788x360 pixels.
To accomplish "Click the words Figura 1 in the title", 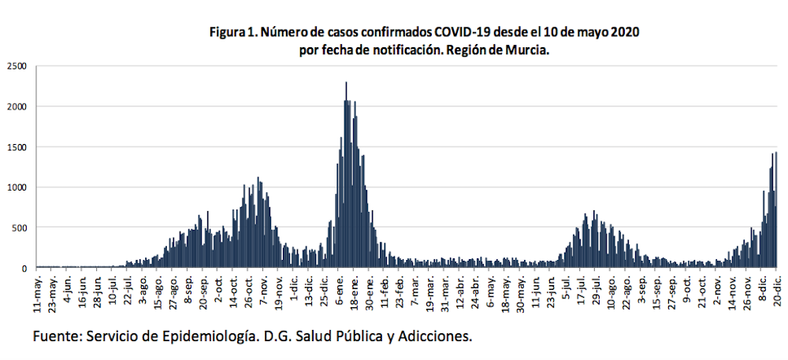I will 232,33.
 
